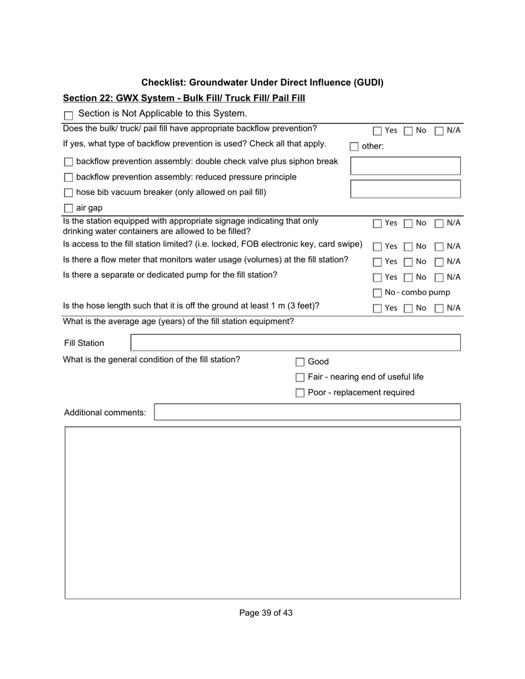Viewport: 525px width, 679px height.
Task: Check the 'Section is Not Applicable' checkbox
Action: (x=69, y=116)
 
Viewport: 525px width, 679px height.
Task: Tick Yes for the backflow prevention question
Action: (x=377, y=131)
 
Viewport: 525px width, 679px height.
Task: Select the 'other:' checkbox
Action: (x=354, y=147)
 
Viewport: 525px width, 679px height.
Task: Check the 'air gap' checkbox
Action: (x=69, y=209)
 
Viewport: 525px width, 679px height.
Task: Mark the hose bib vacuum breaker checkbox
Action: (x=69, y=193)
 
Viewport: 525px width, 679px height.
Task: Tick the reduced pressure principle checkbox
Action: (x=69, y=178)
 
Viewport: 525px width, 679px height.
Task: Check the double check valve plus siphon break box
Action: (x=69, y=162)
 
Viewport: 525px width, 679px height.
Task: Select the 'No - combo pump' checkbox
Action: (x=377, y=293)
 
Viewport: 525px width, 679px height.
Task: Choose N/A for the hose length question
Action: (x=439, y=309)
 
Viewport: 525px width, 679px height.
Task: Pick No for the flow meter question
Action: (x=408, y=262)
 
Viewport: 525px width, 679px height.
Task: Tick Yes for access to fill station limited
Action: (x=377, y=247)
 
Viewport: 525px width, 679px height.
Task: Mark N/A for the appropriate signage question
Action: (x=439, y=224)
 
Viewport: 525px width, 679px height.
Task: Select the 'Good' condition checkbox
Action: (x=300, y=362)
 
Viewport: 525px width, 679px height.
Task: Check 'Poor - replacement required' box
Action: (x=300, y=393)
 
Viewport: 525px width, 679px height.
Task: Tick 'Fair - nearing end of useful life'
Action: (x=300, y=378)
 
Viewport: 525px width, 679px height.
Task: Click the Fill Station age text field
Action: (x=295, y=343)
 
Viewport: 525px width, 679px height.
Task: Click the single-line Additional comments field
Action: (x=307, y=412)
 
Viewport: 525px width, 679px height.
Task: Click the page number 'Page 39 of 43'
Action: (x=266, y=613)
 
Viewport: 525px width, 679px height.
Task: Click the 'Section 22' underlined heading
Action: (x=183, y=98)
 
